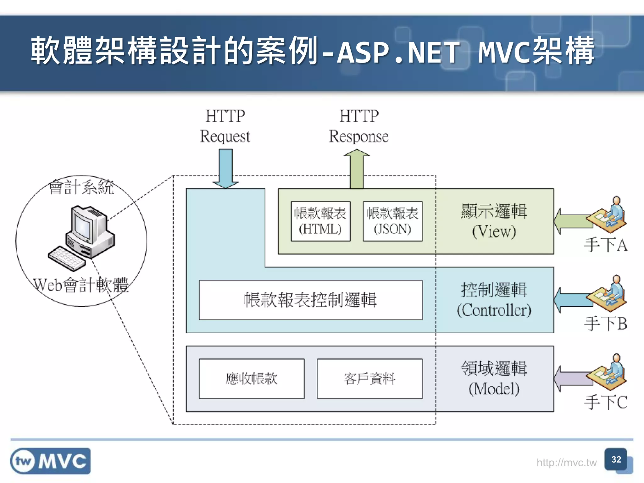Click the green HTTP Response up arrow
(x=357, y=170)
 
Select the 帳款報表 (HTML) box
(x=320, y=221)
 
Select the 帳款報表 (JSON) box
(x=392, y=221)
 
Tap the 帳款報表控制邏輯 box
(x=311, y=300)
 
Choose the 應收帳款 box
(x=252, y=379)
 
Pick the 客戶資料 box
(x=369, y=379)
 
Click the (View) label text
(x=494, y=232)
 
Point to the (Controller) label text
(x=494, y=310)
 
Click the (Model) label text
(x=494, y=389)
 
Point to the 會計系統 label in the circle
(x=81, y=187)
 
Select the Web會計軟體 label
(x=81, y=285)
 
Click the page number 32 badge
(x=616, y=460)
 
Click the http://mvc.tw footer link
(x=566, y=463)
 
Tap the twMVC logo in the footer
(x=50, y=461)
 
